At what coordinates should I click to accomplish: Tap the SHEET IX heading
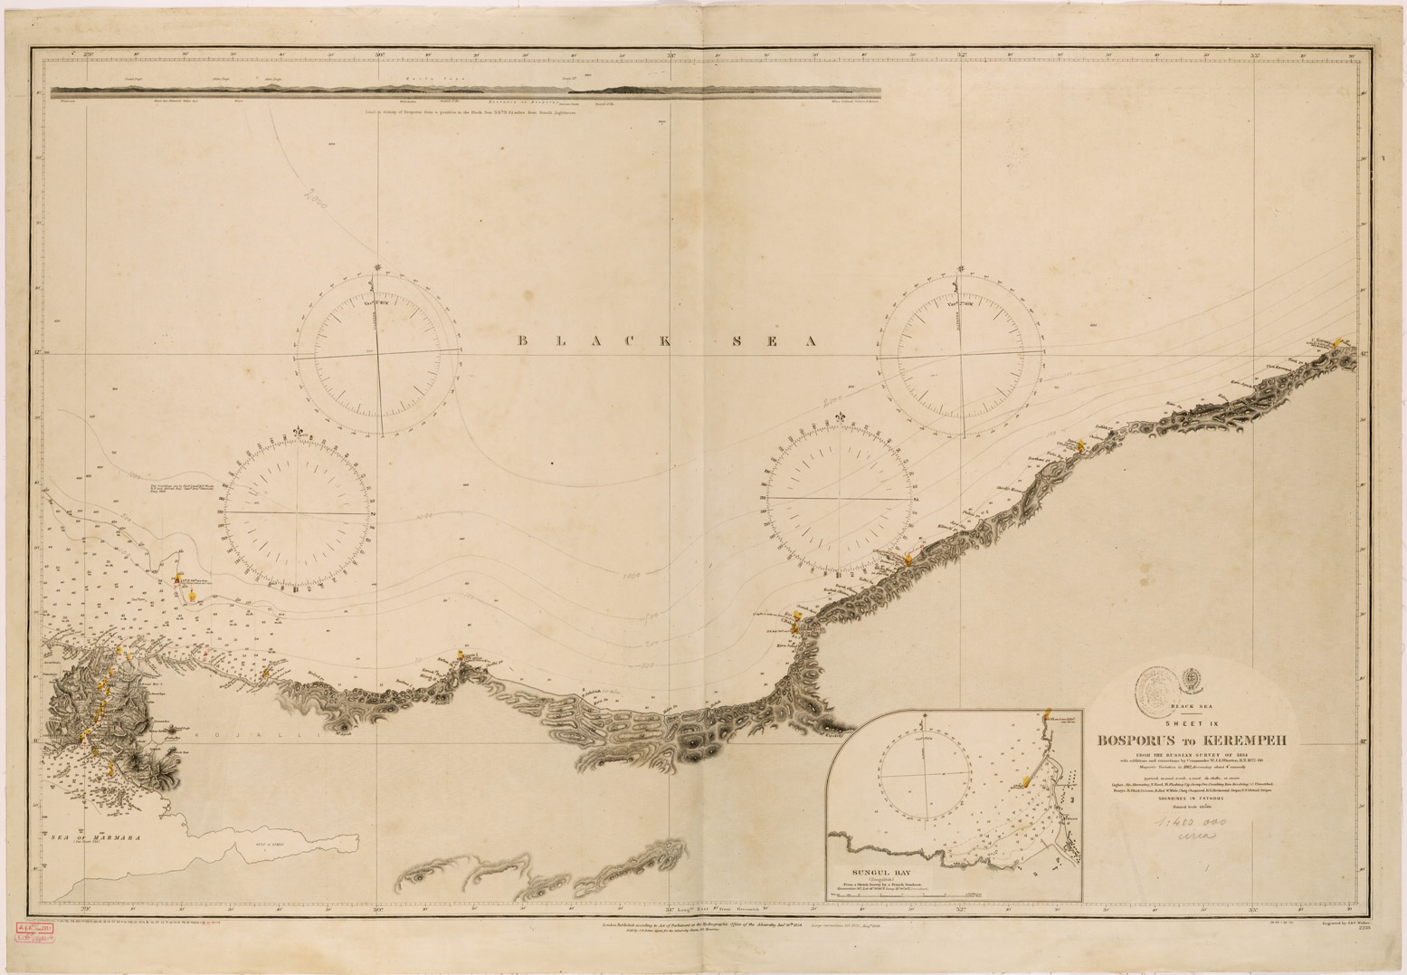click(1192, 722)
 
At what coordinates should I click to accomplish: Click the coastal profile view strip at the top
click(466, 91)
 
